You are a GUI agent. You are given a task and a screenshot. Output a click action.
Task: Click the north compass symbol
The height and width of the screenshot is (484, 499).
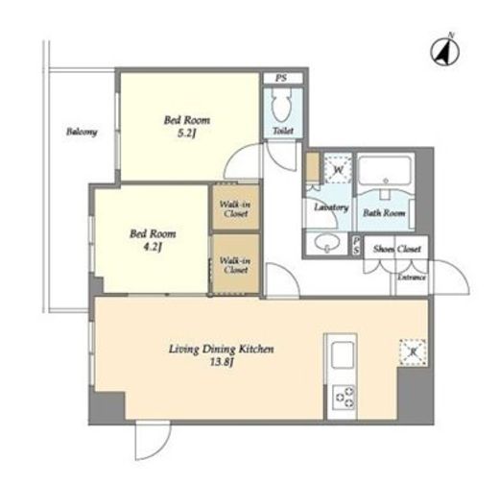coord(444,52)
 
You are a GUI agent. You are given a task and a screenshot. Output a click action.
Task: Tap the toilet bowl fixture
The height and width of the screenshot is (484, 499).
coord(281,104)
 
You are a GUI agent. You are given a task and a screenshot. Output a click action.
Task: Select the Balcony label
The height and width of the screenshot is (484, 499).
coord(82,132)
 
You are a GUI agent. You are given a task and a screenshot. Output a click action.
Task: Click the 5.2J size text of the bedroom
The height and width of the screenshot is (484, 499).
coord(187,133)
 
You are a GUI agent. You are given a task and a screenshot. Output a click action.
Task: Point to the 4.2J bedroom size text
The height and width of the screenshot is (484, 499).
coord(153,247)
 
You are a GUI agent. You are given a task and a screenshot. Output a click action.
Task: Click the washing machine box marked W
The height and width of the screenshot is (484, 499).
coord(338,168)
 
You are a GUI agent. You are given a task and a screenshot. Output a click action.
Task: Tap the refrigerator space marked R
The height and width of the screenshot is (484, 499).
coord(413,351)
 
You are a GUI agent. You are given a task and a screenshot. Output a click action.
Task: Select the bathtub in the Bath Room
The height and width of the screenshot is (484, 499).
coord(385,170)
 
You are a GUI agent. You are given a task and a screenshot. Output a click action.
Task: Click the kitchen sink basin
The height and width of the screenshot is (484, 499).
coord(343,355)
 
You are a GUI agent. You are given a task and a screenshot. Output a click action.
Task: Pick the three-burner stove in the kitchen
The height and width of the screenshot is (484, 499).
coord(344,397)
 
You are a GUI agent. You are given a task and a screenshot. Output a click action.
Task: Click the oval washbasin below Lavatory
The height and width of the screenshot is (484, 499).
coord(326,243)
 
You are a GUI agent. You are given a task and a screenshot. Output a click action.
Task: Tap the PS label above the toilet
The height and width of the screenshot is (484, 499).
coord(281,78)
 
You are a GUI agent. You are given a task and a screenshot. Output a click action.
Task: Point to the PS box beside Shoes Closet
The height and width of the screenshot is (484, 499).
coord(357,246)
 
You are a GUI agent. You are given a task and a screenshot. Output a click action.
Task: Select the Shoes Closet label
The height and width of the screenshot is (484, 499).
coord(397,249)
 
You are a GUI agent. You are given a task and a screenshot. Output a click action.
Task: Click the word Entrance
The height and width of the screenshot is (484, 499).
coord(412,277)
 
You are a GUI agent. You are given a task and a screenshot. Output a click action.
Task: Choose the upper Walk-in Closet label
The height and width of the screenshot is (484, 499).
coord(235,208)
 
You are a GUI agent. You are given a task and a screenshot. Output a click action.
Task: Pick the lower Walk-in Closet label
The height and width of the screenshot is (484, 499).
coord(235,265)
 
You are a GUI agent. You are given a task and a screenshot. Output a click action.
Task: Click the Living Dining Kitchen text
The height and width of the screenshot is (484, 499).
coord(221,349)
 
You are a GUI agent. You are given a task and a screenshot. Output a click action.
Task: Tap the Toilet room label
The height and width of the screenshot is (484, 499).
coord(283,131)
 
